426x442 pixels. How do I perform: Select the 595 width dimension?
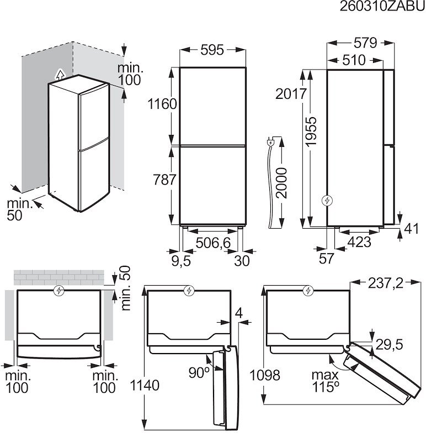pyautogui.click(x=212, y=50)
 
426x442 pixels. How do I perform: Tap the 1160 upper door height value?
pyautogui.click(x=162, y=103)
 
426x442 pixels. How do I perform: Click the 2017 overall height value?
pyautogui.click(x=292, y=94)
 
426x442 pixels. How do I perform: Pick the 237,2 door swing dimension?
pyautogui.click(x=385, y=283)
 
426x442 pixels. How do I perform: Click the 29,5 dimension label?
pyautogui.click(x=389, y=344)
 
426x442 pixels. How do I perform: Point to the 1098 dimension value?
pyautogui.click(x=264, y=375)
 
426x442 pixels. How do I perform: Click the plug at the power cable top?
pyautogui.click(x=271, y=143)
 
